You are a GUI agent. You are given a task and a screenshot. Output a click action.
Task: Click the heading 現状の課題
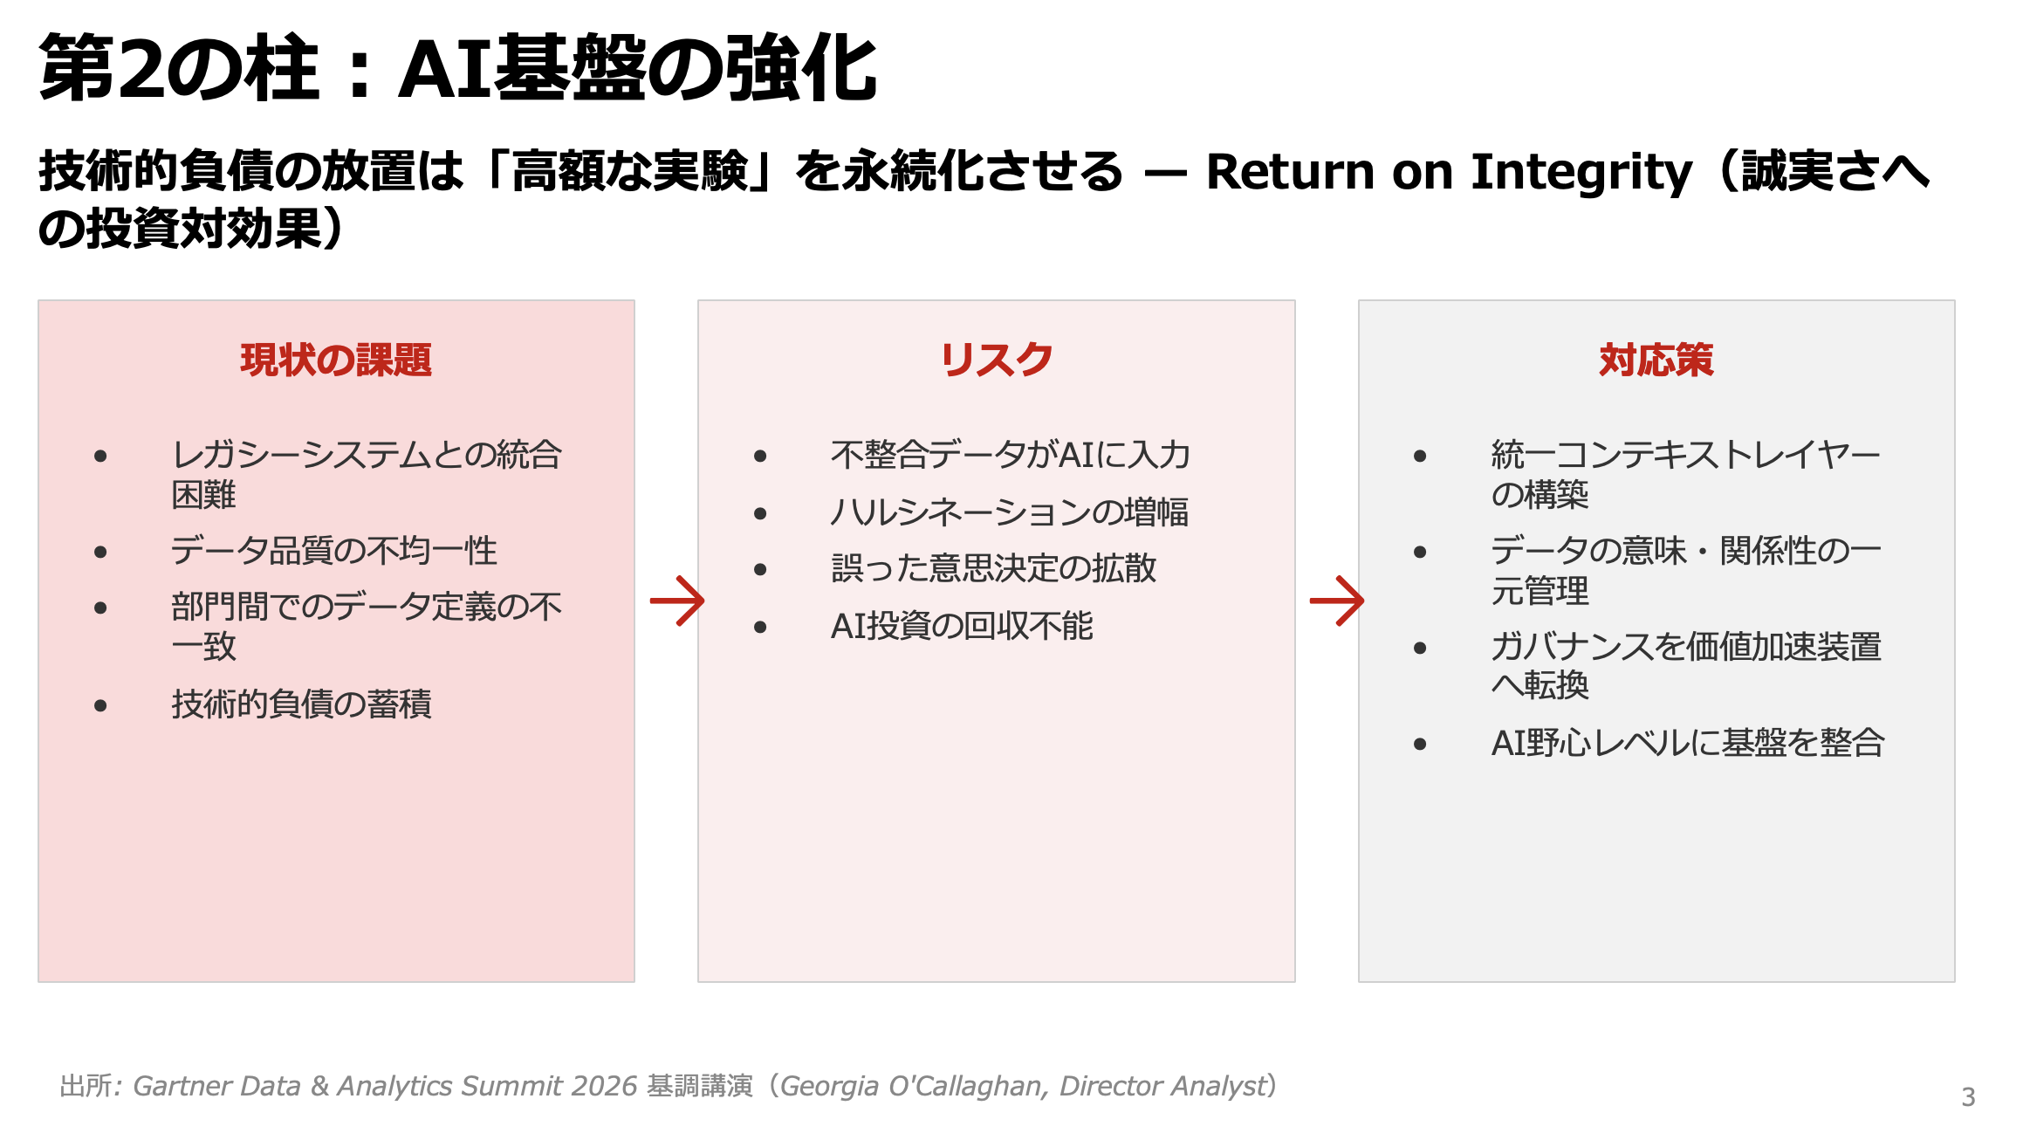pos(336,361)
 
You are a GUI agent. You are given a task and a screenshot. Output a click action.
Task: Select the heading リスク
pos(996,361)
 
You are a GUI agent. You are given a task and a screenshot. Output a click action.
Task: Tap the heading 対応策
pos(1656,361)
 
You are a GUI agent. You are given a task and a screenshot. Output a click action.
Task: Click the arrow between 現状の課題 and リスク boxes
pos(677,601)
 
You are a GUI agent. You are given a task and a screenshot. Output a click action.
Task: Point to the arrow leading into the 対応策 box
pos(1337,601)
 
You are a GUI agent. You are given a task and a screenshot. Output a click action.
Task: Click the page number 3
pos(1968,1097)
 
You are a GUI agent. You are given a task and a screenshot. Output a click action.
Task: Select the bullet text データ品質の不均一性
pos(333,551)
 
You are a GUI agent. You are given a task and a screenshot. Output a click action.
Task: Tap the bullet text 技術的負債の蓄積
pos(301,704)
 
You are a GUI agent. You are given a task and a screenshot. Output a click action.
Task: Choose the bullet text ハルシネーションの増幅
pos(1009,512)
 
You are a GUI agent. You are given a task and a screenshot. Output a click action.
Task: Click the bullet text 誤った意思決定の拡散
pos(993,568)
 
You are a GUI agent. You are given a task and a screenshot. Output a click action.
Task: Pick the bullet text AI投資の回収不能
pos(962,626)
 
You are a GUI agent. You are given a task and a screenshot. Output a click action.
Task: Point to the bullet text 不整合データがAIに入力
pos(1010,455)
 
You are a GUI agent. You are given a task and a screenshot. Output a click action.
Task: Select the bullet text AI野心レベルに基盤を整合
pos(1687,743)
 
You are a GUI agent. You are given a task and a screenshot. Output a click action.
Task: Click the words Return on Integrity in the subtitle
pos(1449,172)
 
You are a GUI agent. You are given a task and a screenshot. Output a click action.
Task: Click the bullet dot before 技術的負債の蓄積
pos(100,705)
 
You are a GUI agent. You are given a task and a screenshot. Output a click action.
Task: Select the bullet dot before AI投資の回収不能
pos(760,628)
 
